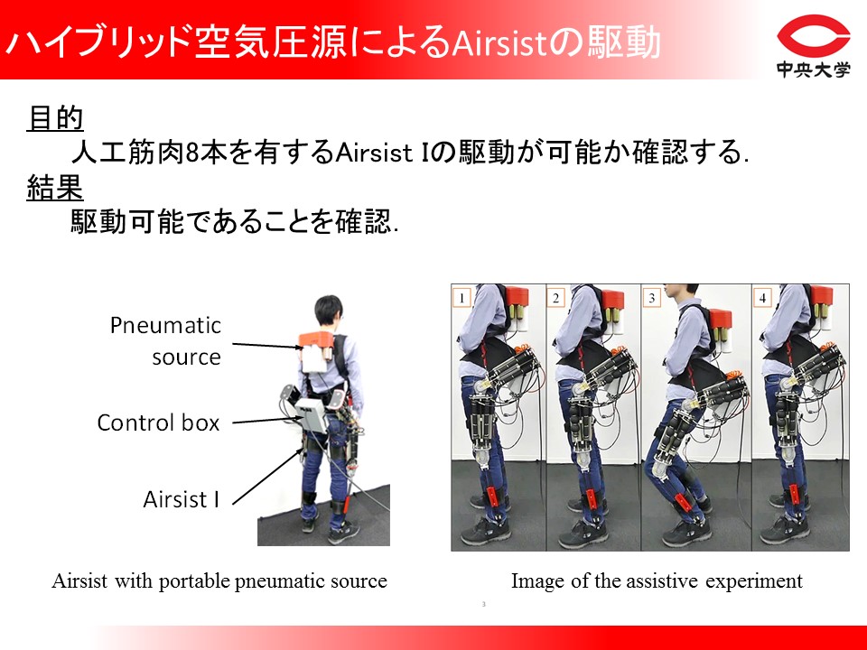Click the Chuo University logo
click(814, 46)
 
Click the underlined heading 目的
click(55, 118)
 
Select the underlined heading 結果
click(55, 187)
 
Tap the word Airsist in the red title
click(499, 42)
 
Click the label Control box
click(159, 422)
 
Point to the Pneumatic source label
click(166, 341)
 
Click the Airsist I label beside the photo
click(182, 499)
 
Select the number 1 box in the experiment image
click(461, 298)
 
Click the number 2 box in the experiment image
click(555, 298)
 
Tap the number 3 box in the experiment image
click(651, 298)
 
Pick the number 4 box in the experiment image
click(762, 298)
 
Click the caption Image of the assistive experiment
click(657, 580)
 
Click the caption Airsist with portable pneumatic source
click(219, 580)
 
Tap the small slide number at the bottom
click(484, 604)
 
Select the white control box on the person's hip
click(312, 414)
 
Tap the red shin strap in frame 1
click(493, 499)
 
